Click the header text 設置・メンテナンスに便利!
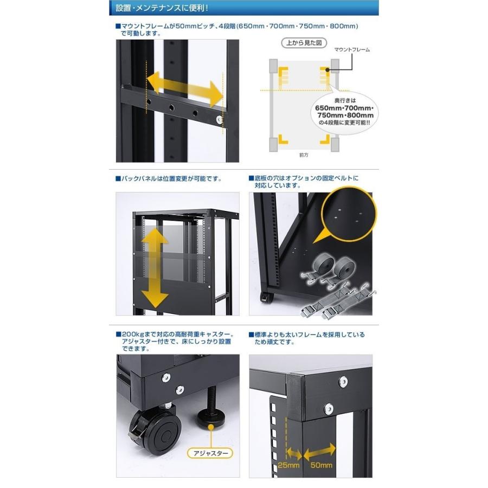[162, 8]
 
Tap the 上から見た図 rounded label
[304, 43]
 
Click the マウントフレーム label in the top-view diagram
[352, 49]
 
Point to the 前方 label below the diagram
[304, 155]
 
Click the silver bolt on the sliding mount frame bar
[220, 119]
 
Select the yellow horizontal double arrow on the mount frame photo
[185, 89]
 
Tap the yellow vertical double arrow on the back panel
[155, 268]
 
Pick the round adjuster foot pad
[211, 418]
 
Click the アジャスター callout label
[211, 453]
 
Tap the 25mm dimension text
[288, 465]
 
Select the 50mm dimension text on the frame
[321, 465]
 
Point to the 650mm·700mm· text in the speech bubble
[344, 108]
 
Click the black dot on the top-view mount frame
[328, 70]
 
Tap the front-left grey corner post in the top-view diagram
[273, 144]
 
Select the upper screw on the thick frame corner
[343, 381]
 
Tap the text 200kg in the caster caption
[131, 334]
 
